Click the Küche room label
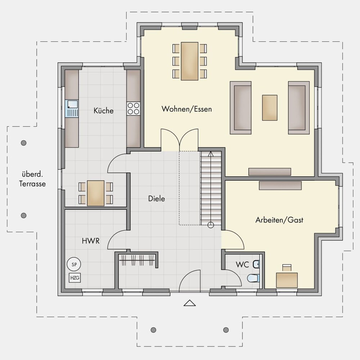point(104,111)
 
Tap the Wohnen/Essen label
point(186,109)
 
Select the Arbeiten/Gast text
point(279,220)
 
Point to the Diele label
point(157,199)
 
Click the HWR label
point(91,241)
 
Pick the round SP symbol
point(74,264)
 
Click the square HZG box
point(75,278)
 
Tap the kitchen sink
point(72,109)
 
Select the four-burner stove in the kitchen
point(134,109)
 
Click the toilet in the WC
point(253,278)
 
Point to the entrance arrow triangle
point(190,303)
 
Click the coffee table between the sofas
point(270,108)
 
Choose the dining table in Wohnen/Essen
point(190,61)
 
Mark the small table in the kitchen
point(96,193)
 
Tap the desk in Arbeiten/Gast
point(287,280)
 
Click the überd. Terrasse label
point(32,179)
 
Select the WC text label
point(242,265)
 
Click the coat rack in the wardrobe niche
point(137,260)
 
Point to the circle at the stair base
point(211,225)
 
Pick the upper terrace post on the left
point(24,143)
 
